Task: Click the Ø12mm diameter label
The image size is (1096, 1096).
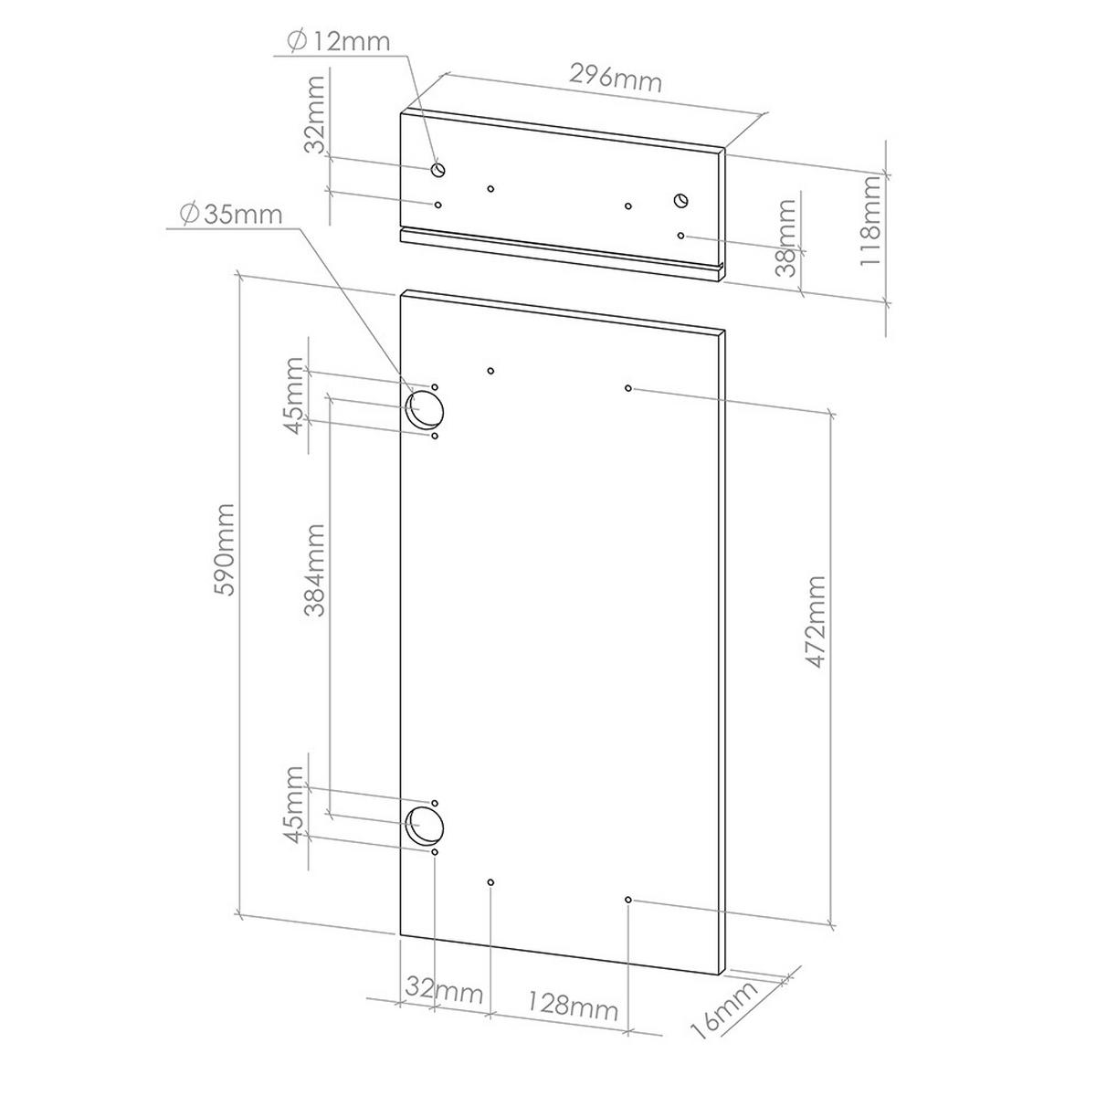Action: click(x=338, y=41)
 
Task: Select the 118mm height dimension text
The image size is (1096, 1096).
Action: click(x=872, y=220)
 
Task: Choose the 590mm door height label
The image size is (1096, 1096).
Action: click(x=225, y=549)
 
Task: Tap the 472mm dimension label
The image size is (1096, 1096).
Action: click(x=816, y=622)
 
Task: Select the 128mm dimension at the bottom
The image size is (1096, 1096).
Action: click(x=572, y=1007)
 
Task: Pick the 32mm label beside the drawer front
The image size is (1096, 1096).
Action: click(x=315, y=114)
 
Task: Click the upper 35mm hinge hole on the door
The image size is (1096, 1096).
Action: click(x=425, y=410)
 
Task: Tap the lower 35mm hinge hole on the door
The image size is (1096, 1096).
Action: click(x=425, y=824)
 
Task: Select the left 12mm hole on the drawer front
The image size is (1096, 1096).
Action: click(x=438, y=170)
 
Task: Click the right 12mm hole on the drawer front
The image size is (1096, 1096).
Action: click(x=681, y=200)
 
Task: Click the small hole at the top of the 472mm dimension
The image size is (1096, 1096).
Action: click(x=628, y=388)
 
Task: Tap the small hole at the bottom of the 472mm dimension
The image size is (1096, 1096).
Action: click(x=628, y=900)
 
